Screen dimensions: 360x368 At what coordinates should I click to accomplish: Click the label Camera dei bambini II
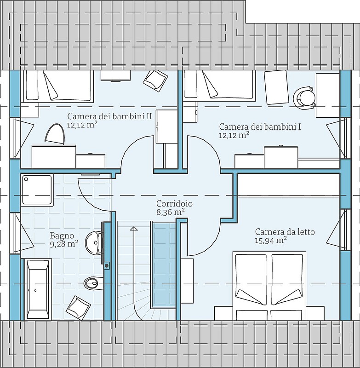point(109,116)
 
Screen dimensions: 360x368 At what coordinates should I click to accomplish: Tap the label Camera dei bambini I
point(260,127)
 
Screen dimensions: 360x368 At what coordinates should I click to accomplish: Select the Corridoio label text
point(174,203)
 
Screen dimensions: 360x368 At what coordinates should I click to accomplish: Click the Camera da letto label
point(285,232)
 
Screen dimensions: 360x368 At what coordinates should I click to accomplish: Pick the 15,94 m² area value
point(271,241)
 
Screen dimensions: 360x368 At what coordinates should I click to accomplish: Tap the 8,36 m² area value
point(170,212)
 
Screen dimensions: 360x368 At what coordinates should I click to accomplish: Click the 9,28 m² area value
point(64,244)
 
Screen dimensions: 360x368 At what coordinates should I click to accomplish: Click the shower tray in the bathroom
point(37,190)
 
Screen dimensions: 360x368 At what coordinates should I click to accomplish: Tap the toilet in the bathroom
point(94,283)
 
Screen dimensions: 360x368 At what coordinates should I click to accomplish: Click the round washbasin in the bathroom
point(94,243)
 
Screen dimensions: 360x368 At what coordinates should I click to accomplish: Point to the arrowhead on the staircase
point(134,228)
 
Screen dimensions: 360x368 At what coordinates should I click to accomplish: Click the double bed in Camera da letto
point(269,286)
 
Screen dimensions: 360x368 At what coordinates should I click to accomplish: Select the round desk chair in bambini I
point(304,98)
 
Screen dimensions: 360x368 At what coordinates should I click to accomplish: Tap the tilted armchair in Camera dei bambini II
point(155,80)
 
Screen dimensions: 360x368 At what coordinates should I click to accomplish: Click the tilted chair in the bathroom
point(78,308)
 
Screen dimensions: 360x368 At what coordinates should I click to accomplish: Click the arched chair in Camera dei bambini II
point(55,134)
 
